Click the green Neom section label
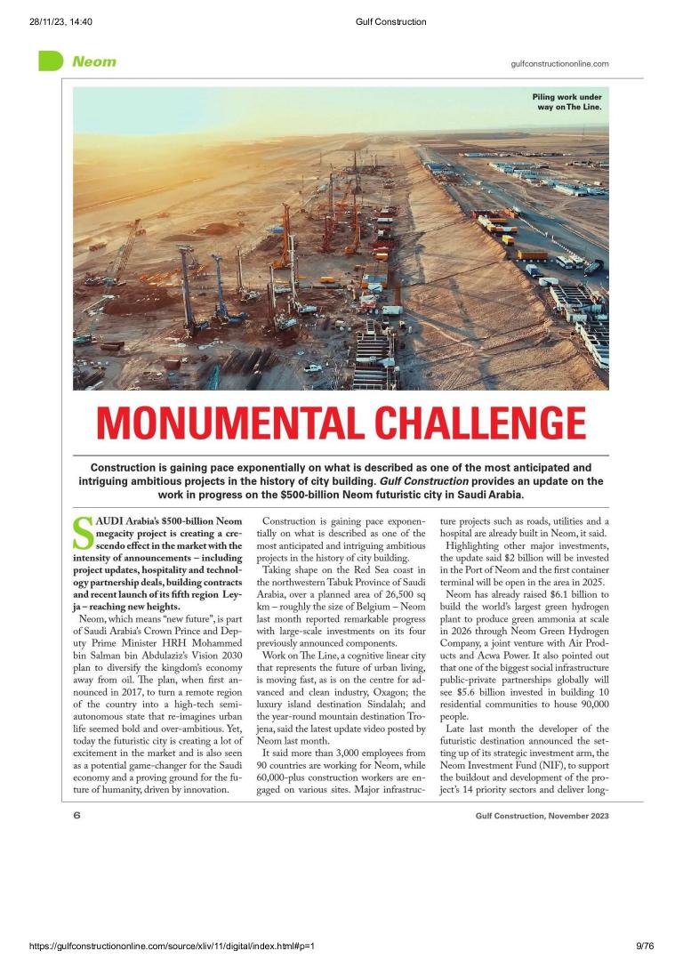pyautogui.click(x=93, y=62)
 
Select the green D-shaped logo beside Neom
pyautogui.click(x=51, y=61)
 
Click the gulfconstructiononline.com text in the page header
pyautogui.click(x=560, y=63)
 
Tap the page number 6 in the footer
pyautogui.click(x=77, y=788)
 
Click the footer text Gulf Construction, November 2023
pyautogui.click(x=542, y=789)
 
